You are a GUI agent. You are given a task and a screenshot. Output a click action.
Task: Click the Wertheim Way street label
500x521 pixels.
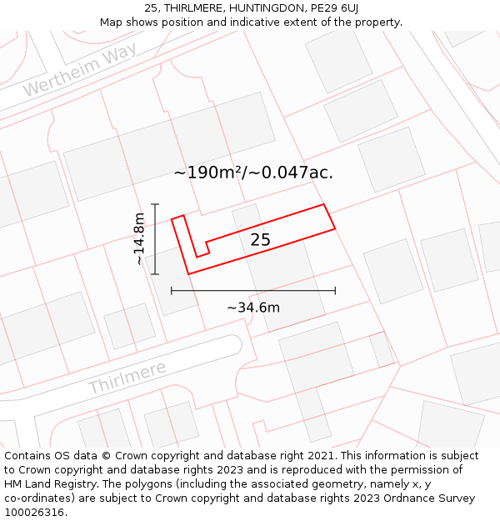pyautogui.click(x=79, y=72)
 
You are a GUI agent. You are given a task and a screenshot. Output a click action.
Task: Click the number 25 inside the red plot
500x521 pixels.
pyautogui.click(x=260, y=240)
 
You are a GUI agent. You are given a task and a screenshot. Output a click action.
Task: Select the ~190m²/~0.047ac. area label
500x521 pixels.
pyautogui.click(x=253, y=173)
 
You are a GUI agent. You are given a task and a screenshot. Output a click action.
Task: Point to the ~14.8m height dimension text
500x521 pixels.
pyautogui.click(x=139, y=239)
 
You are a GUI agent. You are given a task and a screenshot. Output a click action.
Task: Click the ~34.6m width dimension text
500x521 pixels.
pyautogui.click(x=253, y=308)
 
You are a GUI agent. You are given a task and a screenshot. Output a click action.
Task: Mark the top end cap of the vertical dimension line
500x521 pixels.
pyautogui.click(x=155, y=203)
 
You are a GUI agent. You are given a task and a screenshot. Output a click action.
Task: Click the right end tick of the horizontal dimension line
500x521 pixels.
pyautogui.click(x=335, y=291)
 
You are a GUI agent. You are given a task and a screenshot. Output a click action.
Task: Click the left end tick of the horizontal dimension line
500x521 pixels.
pyautogui.click(x=172, y=291)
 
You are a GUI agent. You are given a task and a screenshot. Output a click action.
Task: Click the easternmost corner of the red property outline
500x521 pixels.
pyautogui.click(x=335, y=228)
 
